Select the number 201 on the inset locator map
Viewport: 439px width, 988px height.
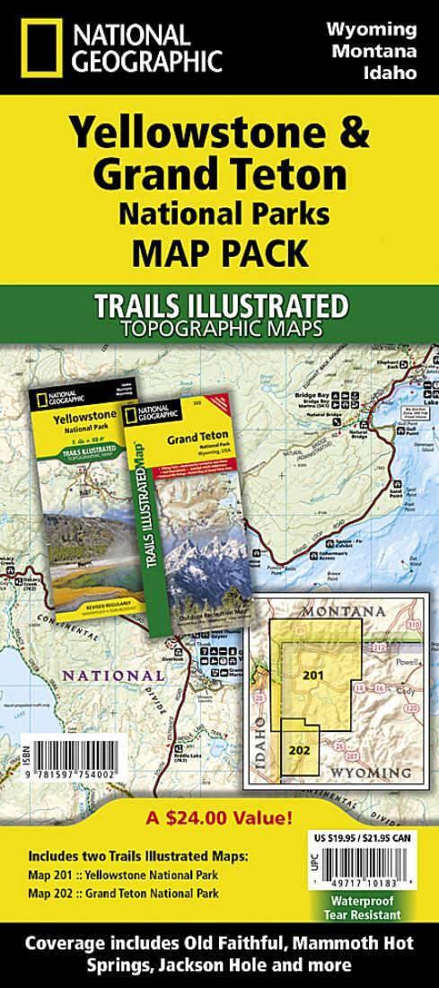pyautogui.click(x=312, y=673)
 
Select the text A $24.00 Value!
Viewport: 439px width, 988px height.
pyautogui.click(x=219, y=817)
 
